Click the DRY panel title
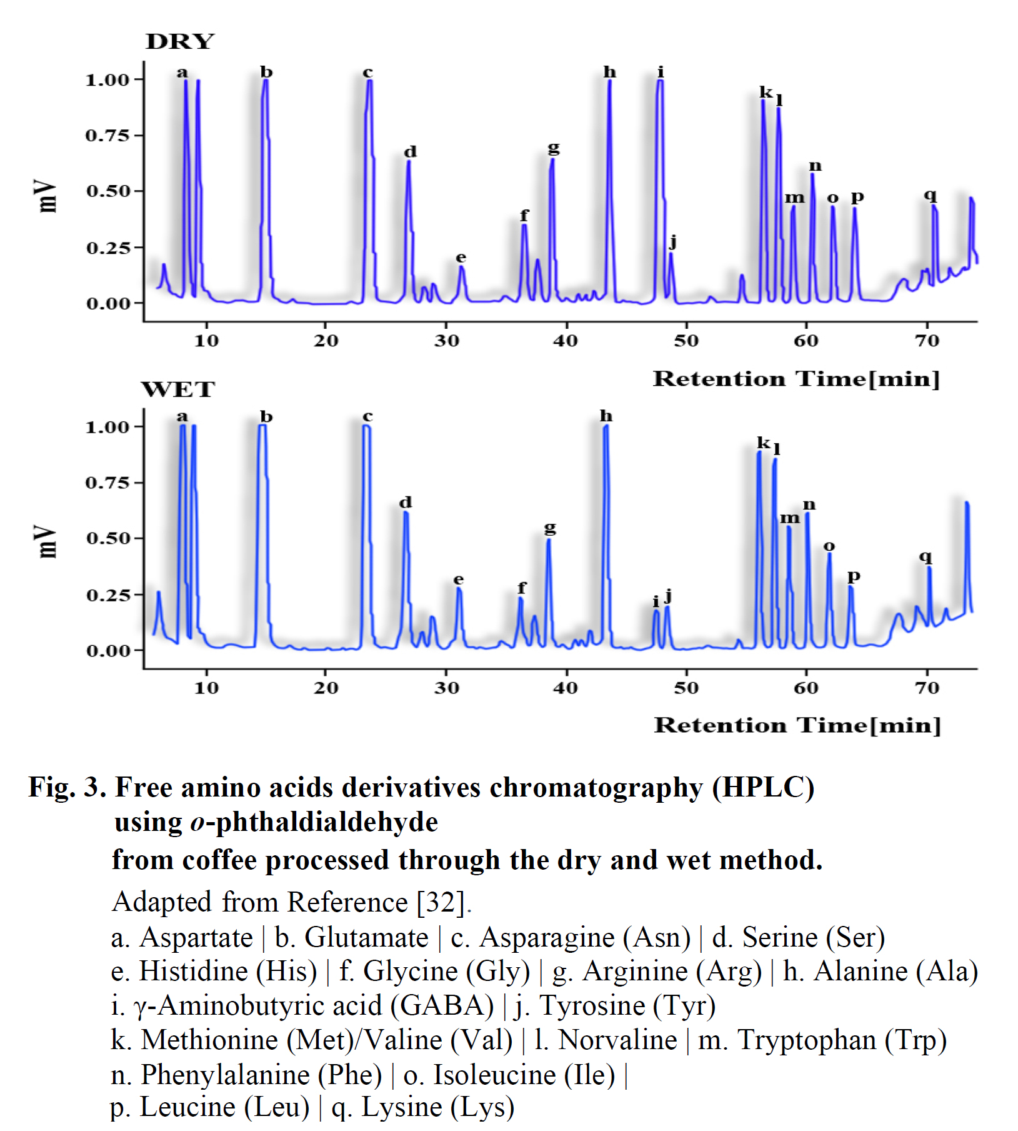[x=179, y=42]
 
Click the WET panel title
[x=178, y=390]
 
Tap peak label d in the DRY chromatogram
[x=410, y=152]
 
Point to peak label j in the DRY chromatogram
[x=672, y=241]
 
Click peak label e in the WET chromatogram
[x=459, y=580]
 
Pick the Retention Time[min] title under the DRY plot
[x=796, y=379]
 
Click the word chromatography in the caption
[x=596, y=787]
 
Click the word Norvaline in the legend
[x=617, y=1040]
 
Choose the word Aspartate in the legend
[x=196, y=938]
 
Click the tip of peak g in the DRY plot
[x=552, y=160]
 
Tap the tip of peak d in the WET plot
[x=406, y=513]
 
